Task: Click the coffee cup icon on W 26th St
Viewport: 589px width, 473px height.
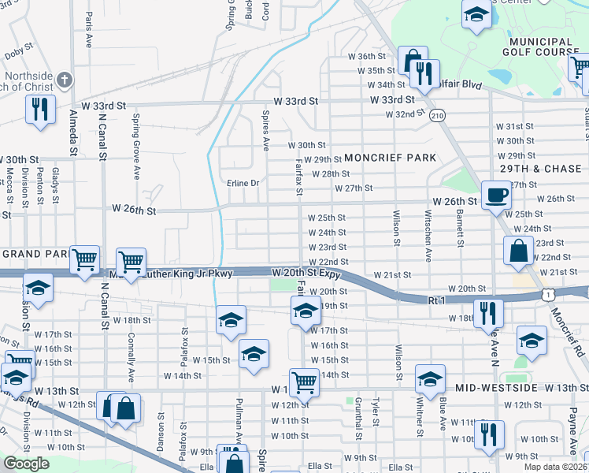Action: [495, 194]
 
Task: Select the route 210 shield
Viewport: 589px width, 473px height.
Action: [438, 116]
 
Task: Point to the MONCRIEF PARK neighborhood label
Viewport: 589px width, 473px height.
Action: [389, 158]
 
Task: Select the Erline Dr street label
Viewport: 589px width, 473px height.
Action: [243, 183]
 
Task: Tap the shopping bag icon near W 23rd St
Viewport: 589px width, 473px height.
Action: [519, 251]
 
